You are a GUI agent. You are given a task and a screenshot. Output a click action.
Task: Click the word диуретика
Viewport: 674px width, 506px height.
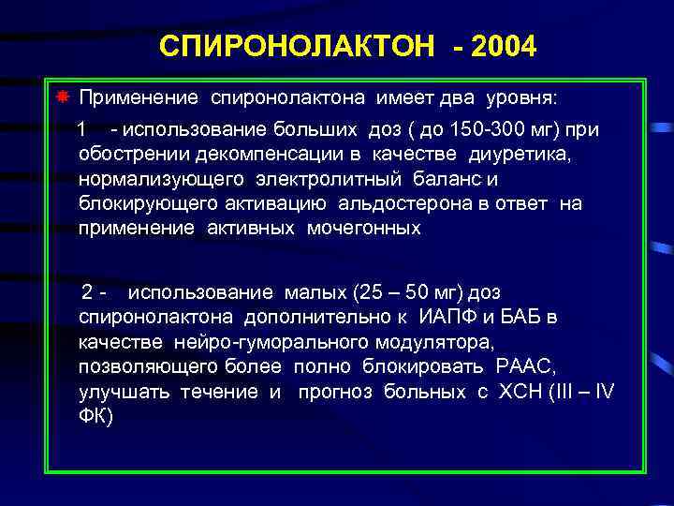[518, 154]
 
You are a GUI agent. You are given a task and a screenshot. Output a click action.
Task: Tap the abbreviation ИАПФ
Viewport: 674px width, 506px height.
[453, 317]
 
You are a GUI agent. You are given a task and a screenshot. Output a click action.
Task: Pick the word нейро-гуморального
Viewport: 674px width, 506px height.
[293, 341]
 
